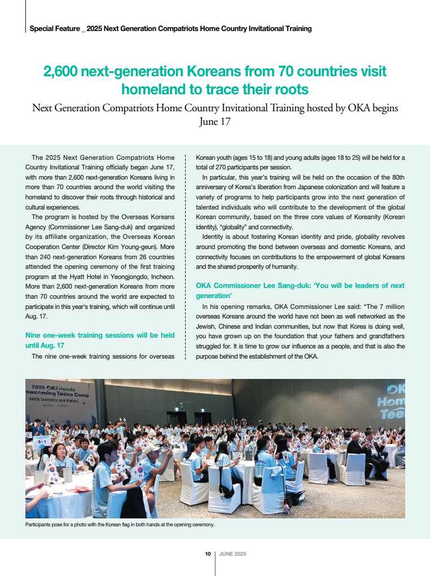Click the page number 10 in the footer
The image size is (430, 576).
[x=208, y=554]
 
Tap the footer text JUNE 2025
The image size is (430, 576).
[x=232, y=554]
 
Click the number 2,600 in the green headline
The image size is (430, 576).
[x=62, y=72]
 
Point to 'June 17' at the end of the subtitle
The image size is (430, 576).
[x=215, y=121]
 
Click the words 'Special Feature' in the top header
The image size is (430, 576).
[x=54, y=28]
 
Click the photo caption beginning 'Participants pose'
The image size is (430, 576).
[x=120, y=525]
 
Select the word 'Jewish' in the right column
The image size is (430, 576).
[x=207, y=326]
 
